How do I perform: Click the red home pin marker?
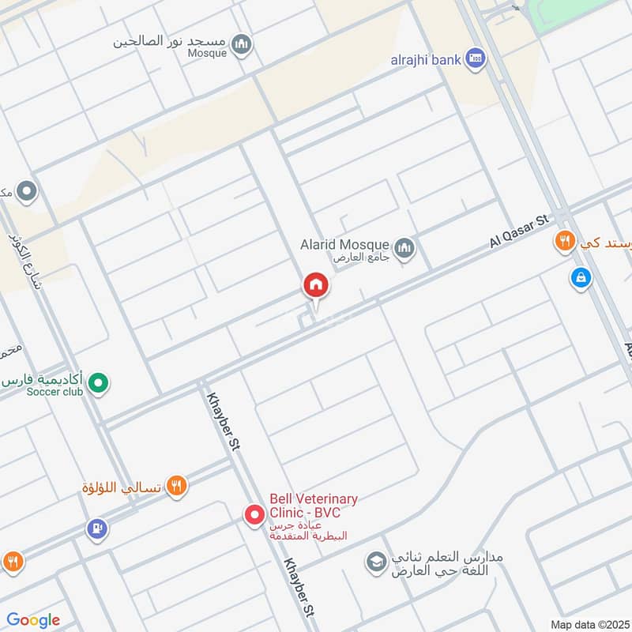click(316, 285)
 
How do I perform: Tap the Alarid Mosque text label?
click(344, 245)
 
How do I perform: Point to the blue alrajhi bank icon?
click(475, 58)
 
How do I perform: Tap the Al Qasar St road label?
click(519, 232)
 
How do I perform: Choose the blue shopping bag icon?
click(581, 278)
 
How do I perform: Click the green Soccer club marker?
click(98, 385)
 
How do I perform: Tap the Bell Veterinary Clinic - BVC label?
click(313, 506)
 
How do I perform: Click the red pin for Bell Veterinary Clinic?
click(254, 515)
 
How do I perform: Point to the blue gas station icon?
click(97, 528)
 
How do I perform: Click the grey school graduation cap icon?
click(375, 562)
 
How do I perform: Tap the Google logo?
click(32, 620)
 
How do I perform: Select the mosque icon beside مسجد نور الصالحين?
click(243, 43)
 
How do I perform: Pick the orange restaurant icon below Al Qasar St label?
click(564, 242)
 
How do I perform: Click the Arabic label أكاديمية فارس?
click(44, 379)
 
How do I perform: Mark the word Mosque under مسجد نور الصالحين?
click(207, 54)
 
